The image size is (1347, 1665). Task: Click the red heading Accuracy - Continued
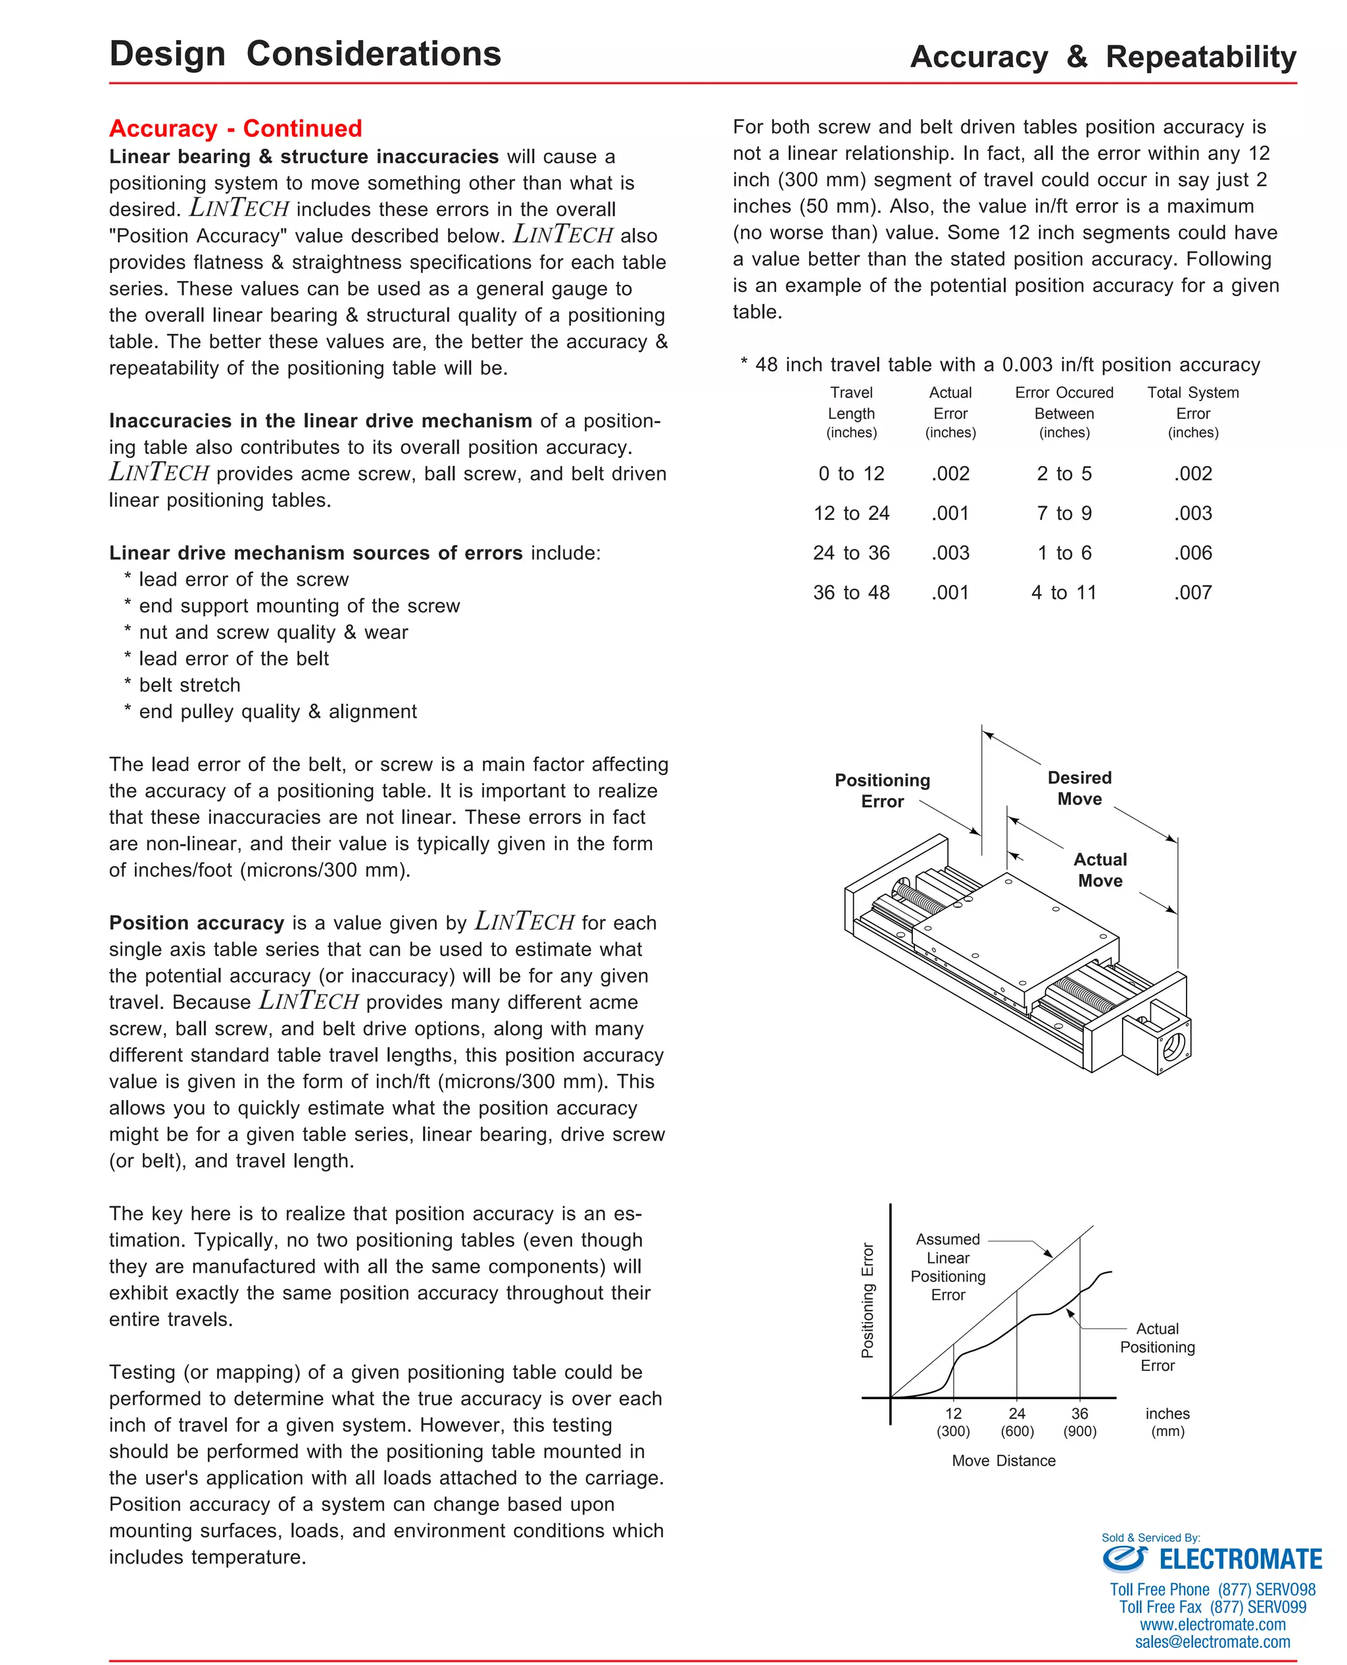(x=235, y=128)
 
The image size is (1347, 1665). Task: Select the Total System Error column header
(x=1192, y=412)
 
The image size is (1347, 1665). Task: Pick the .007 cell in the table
(x=1192, y=593)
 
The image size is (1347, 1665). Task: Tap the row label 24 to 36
(x=851, y=553)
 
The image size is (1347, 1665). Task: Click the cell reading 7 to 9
(x=1064, y=514)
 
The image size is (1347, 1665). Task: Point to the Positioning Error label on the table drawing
(x=882, y=790)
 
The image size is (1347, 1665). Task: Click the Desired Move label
(x=1079, y=788)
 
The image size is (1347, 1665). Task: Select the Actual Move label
(x=1100, y=869)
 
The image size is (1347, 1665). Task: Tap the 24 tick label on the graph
(x=1016, y=1414)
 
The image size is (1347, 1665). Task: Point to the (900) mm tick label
(x=1079, y=1431)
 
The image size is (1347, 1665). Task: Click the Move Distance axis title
(x=1003, y=1461)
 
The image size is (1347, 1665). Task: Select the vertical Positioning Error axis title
(x=868, y=1300)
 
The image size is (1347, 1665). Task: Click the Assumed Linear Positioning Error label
(x=947, y=1267)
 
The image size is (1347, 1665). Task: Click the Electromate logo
(x=1212, y=1558)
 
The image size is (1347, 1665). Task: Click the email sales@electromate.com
(x=1212, y=1642)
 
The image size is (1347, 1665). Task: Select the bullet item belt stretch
(x=189, y=685)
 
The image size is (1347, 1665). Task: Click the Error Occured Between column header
(x=1064, y=412)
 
